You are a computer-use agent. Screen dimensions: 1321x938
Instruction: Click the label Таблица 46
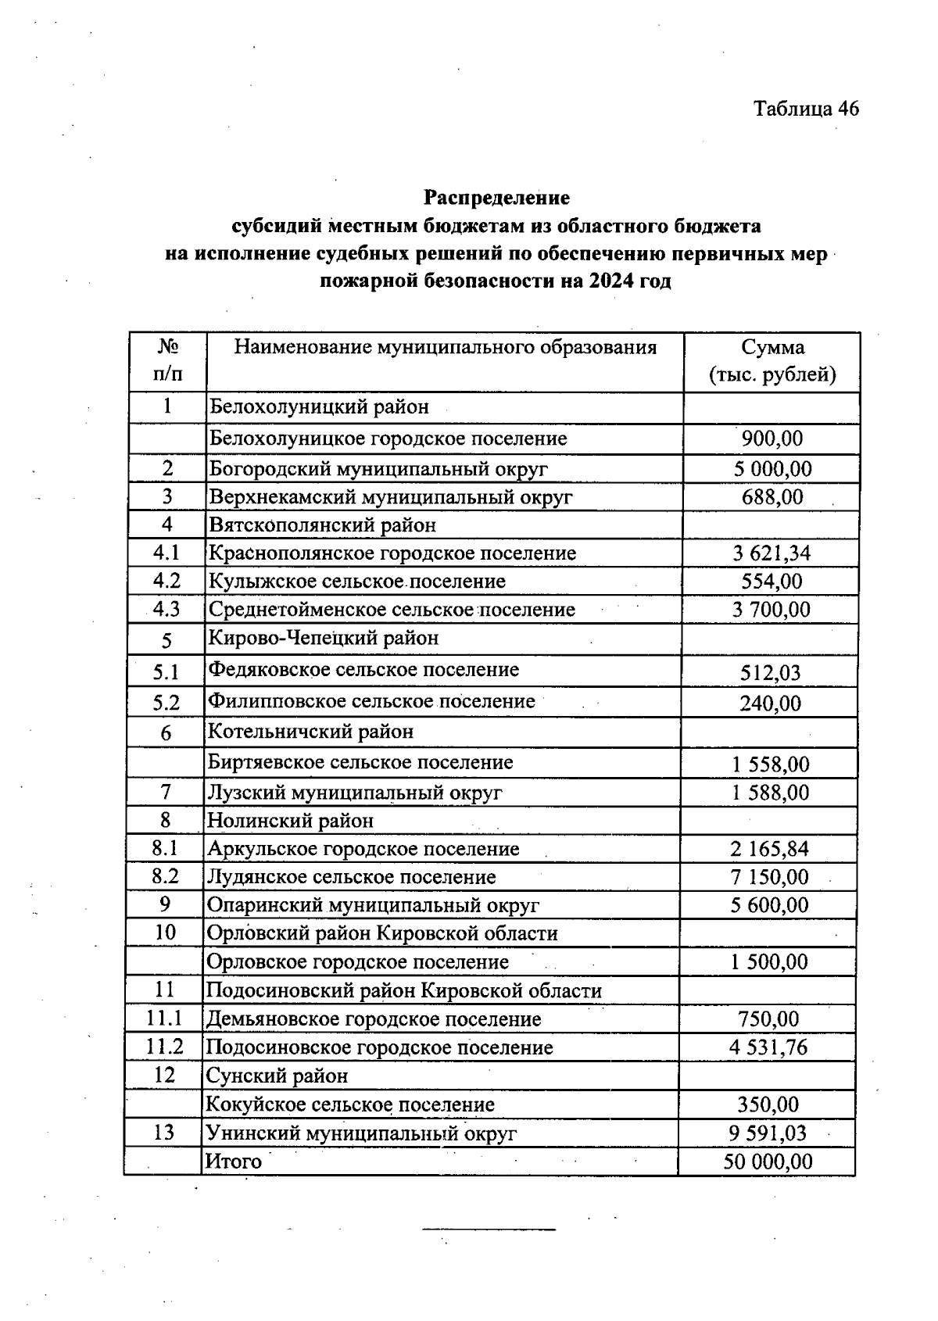click(805, 109)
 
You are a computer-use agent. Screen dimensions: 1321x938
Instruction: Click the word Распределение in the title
click(496, 198)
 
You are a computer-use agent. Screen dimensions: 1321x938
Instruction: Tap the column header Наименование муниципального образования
click(445, 347)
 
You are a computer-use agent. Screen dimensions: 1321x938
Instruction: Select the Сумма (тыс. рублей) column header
click(772, 361)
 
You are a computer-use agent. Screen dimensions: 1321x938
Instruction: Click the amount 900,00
click(772, 439)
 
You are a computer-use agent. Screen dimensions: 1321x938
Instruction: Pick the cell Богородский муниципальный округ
click(378, 469)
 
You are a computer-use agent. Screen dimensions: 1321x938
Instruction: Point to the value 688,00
click(772, 497)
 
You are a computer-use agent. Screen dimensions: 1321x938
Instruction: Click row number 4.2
click(166, 581)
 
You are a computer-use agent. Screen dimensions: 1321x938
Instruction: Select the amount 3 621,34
click(772, 553)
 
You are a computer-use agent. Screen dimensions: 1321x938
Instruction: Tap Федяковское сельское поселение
click(363, 670)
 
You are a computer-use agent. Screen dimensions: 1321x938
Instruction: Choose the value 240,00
click(771, 703)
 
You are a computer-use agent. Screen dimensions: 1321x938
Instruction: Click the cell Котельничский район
click(310, 732)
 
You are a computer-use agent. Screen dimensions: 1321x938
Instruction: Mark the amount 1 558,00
click(771, 764)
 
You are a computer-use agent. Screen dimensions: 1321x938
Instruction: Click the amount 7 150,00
click(770, 877)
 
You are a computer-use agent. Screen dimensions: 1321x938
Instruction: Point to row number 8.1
click(165, 848)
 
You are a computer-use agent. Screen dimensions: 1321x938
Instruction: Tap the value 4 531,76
click(768, 1047)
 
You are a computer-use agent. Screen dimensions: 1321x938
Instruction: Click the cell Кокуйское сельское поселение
click(349, 1104)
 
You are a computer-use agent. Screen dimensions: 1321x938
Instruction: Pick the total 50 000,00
click(768, 1162)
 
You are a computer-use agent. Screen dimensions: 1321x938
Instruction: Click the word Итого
click(233, 1162)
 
